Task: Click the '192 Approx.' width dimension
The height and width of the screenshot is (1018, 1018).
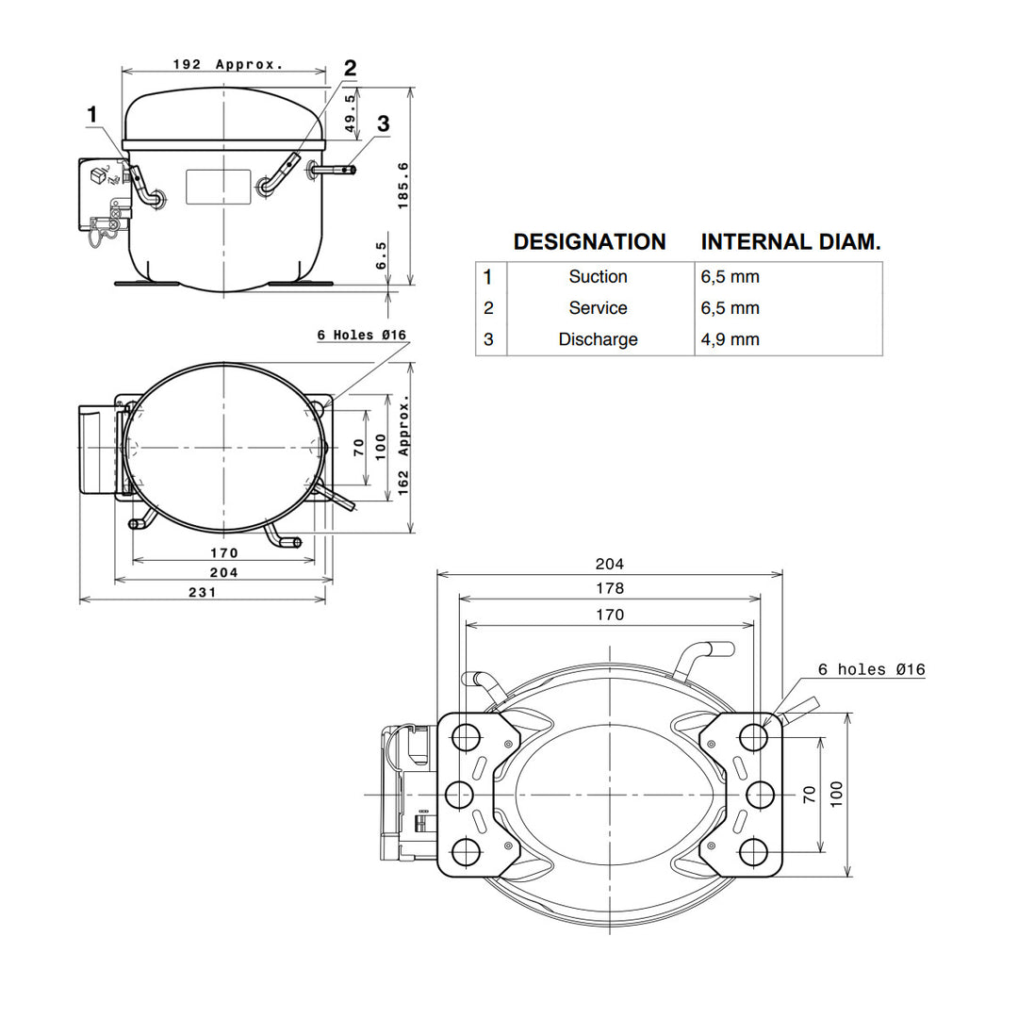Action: (228, 64)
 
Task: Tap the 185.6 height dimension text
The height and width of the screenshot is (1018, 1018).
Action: (403, 186)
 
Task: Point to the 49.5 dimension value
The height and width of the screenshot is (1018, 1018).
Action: (350, 113)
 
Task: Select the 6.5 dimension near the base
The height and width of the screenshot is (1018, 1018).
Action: (381, 255)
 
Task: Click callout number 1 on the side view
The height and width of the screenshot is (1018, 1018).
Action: (92, 114)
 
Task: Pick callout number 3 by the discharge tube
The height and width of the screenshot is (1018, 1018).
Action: (383, 123)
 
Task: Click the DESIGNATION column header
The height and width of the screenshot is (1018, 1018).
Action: (589, 241)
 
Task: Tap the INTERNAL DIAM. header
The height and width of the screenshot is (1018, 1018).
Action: (791, 241)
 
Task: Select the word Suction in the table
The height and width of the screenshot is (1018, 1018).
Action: (598, 276)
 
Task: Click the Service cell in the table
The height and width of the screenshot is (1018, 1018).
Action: (598, 307)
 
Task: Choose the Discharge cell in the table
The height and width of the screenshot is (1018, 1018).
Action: (598, 339)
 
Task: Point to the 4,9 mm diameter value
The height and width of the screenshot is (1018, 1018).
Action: (730, 339)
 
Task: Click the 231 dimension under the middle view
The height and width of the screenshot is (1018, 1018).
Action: (202, 592)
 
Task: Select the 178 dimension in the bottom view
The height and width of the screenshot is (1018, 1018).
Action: (610, 588)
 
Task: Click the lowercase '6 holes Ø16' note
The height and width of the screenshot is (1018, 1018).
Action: (871, 669)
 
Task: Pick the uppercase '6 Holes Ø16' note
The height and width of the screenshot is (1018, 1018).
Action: (362, 335)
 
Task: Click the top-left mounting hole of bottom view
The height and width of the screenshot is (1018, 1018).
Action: (466, 737)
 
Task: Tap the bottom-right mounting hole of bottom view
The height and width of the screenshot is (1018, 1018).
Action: (753, 852)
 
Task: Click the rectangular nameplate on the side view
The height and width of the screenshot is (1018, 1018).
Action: (218, 187)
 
